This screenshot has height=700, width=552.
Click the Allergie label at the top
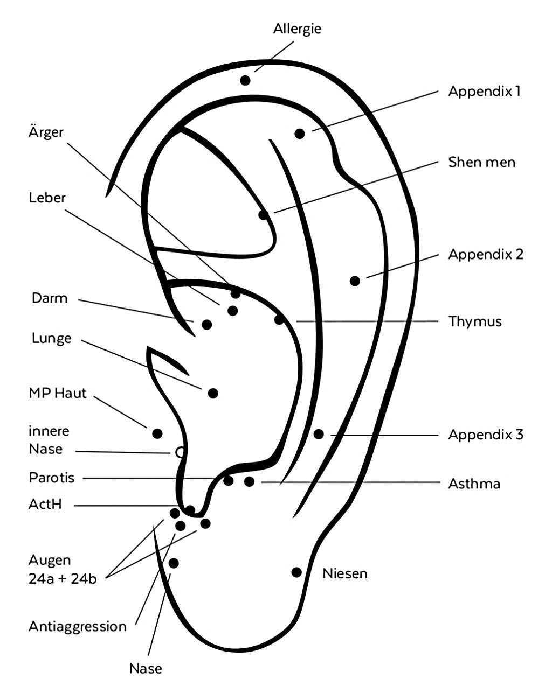[x=297, y=29]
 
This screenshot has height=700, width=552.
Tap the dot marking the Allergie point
[x=245, y=80]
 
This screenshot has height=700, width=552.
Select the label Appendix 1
[x=484, y=91]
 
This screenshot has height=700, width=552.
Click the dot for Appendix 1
[x=300, y=134]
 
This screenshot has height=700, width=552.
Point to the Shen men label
[x=481, y=162]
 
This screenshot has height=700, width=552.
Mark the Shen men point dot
[x=263, y=215]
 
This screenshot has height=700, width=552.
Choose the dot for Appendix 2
[x=355, y=281]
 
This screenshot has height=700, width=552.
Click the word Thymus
[x=475, y=321]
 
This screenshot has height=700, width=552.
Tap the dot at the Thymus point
[x=279, y=320]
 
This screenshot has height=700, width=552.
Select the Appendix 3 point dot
[x=319, y=433]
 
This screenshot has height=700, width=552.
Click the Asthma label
[x=474, y=484]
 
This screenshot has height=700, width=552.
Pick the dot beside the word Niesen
[x=296, y=572]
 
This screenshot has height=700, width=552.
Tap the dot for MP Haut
[x=157, y=433]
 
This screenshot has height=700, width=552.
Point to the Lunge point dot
[x=213, y=393]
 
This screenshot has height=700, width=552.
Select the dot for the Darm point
[x=206, y=324]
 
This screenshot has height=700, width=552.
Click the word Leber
[x=47, y=198]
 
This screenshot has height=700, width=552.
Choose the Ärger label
[x=46, y=132]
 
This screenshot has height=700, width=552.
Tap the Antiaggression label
[x=78, y=626]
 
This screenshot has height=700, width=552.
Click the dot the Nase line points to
[x=174, y=563]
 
